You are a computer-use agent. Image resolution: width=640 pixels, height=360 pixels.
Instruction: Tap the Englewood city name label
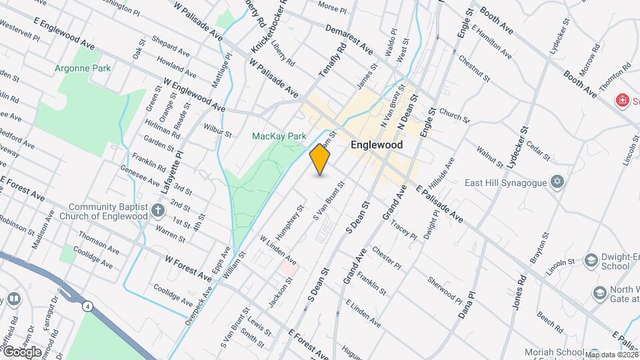pos(377,144)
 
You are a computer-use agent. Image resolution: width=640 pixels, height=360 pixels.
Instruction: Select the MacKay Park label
pos(279,136)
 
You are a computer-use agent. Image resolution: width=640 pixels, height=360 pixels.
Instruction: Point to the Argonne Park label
pos(83,68)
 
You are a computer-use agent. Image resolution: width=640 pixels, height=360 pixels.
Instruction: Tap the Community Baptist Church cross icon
pos(158,211)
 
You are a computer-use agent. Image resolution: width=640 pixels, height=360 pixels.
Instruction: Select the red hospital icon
pos(623,101)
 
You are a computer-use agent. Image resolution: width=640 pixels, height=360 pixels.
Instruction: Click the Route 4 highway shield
pos(88,306)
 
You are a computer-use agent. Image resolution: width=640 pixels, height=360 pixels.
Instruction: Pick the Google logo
pos(22,351)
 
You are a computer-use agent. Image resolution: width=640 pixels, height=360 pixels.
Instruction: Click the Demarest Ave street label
pos(349,39)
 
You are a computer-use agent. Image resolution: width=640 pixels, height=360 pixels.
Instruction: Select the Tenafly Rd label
pos(333,60)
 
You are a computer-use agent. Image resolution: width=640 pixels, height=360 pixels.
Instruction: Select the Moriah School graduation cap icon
pos(594,353)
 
